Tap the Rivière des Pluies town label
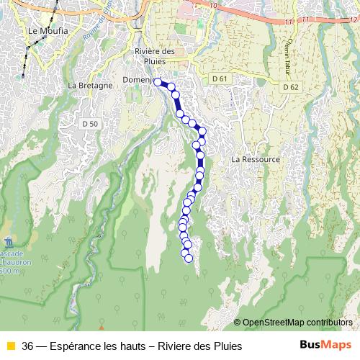(x=155, y=56)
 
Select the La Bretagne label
(x=90, y=85)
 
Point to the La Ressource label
(x=255, y=159)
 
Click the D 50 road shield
(x=90, y=124)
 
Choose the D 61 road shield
(x=220, y=78)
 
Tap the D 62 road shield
(x=290, y=86)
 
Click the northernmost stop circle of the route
(x=158, y=82)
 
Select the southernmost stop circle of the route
(x=189, y=258)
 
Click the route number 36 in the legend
(x=28, y=346)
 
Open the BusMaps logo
(x=325, y=345)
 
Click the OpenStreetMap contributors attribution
(x=297, y=323)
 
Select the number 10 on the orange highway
(x=213, y=5)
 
